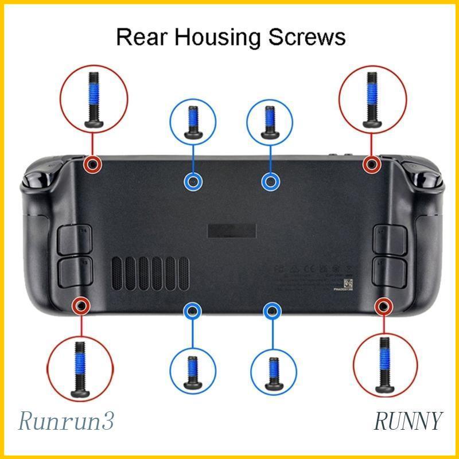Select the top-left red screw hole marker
pos(91,165)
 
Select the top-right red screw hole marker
pos(372,165)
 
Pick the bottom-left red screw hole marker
pos(81,306)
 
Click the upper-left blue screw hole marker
pos(193,182)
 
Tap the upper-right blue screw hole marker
pos(271,182)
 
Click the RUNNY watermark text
pos(408,421)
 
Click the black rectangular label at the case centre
pos(231,230)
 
